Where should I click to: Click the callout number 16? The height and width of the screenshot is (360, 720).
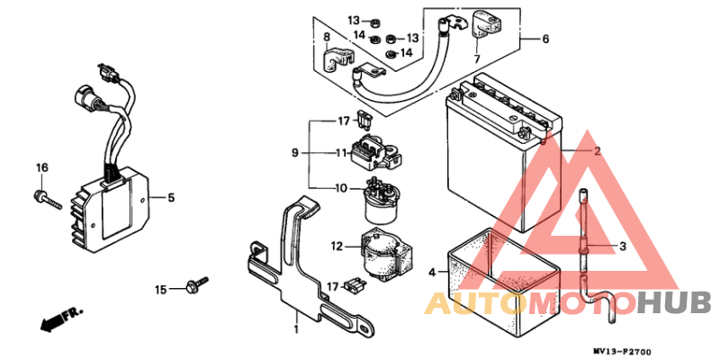41,168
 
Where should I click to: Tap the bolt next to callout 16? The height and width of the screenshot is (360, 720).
47,200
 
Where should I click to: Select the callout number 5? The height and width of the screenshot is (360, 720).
170,198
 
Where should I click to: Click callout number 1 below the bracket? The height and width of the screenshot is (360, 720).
296,329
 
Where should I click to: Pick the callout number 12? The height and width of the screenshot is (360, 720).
337,247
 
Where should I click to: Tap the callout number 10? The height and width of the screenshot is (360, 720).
341,188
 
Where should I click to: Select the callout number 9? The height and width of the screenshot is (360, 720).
295,153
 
